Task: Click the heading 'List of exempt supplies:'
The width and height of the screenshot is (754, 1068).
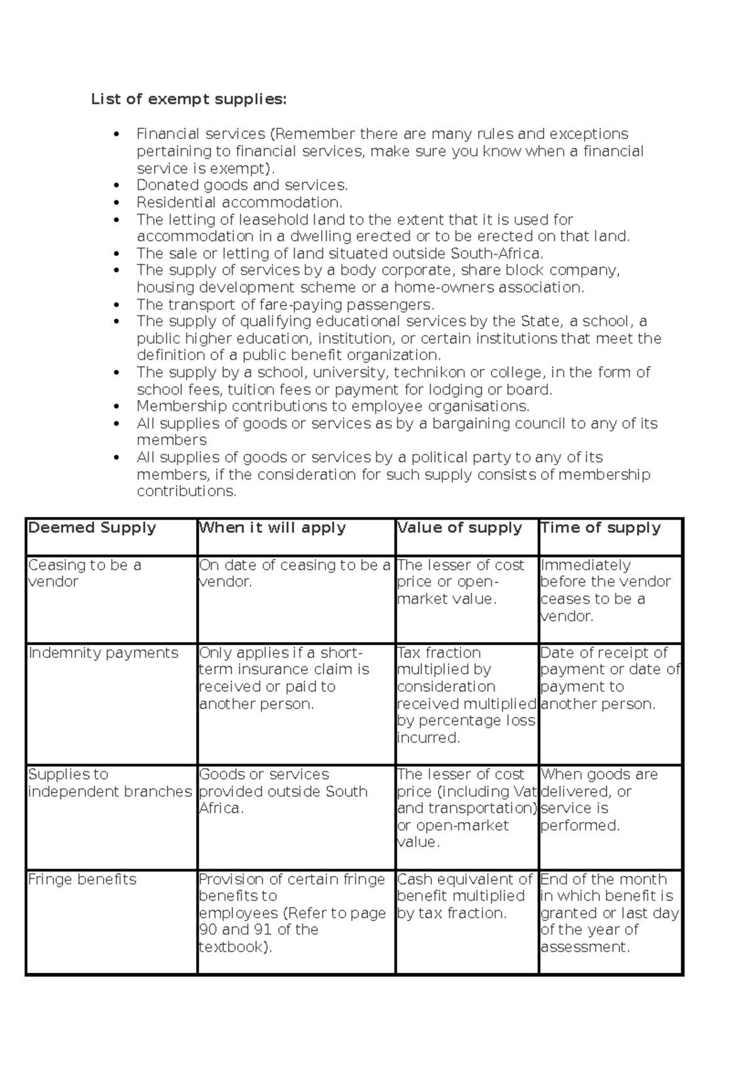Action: pos(188,99)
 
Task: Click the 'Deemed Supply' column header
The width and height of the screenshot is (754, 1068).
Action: pos(92,528)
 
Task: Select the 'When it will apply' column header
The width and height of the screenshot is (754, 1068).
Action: pos(272,528)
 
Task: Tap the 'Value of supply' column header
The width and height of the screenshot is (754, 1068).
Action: pos(460,528)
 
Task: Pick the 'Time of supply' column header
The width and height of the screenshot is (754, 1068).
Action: pos(601,528)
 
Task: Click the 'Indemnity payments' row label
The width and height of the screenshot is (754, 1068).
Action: pos(104,653)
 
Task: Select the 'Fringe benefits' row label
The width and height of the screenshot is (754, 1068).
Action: pos(82,879)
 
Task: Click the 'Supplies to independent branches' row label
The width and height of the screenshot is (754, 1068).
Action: pos(109,783)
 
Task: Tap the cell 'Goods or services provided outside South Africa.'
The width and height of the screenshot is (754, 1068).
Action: pos(283,791)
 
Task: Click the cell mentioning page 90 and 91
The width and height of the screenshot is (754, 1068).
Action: pos(292,913)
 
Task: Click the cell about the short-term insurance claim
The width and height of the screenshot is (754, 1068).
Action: pos(284,678)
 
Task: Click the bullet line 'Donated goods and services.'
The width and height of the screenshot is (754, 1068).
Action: pos(242,185)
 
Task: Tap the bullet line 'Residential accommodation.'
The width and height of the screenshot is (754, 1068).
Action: pos(239,202)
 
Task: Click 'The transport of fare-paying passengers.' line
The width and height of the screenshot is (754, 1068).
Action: pos(285,304)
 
